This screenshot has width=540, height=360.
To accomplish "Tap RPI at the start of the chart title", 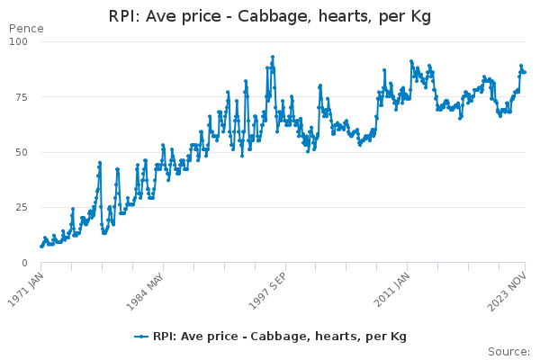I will click(123, 16).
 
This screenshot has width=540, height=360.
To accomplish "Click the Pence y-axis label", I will click(25, 29).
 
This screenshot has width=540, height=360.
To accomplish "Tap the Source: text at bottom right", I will click(508, 351).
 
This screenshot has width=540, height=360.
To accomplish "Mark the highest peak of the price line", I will click(273, 57).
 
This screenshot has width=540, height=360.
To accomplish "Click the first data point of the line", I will click(40, 247).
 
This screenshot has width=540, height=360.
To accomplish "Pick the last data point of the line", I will click(525, 72).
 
